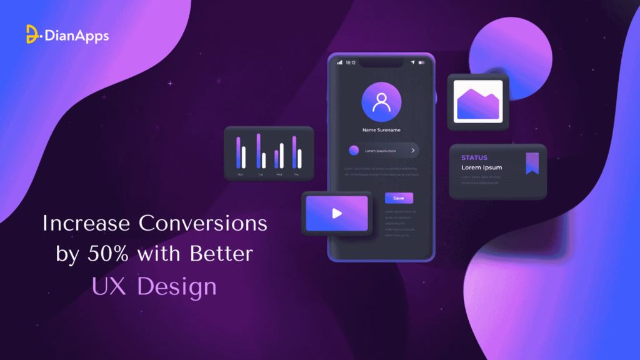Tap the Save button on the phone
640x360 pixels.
[x=398, y=198]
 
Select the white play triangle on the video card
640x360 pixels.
[x=337, y=213]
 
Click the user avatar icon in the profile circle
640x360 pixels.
[x=381, y=102]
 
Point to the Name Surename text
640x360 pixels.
[x=381, y=130]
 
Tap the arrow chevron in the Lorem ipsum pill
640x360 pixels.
[x=412, y=151]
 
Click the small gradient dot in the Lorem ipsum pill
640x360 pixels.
[x=354, y=151]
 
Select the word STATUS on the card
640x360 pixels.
[x=474, y=157]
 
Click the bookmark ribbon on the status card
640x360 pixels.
[x=532, y=162]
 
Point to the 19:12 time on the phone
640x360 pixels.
[x=351, y=62]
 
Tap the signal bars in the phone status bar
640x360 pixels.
[x=340, y=62]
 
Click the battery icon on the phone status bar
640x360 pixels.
[x=422, y=62]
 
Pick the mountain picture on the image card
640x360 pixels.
[x=478, y=102]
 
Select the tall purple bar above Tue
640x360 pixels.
[x=258, y=150]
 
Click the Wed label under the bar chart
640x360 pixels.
[x=279, y=174]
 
